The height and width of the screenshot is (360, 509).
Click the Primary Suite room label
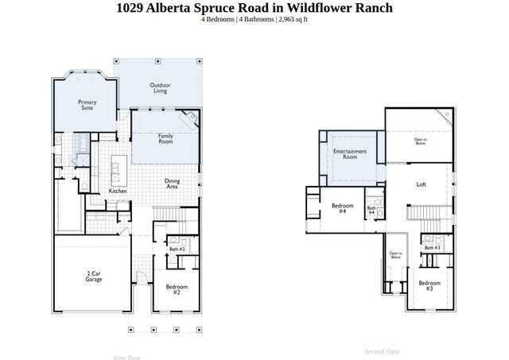(x=87, y=105)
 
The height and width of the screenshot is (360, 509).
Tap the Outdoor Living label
(x=160, y=88)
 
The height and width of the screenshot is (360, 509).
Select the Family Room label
(x=165, y=138)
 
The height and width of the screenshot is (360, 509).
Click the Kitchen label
(x=118, y=192)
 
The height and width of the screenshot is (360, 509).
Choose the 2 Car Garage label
(x=92, y=277)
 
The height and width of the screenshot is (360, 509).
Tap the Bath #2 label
(x=177, y=249)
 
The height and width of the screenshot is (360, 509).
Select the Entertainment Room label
(x=349, y=153)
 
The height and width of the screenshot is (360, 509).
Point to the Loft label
(x=422, y=184)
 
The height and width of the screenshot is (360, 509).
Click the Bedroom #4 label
(x=342, y=209)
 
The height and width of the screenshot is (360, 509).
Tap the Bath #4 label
(x=371, y=210)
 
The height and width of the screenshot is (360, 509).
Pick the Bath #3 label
(x=432, y=247)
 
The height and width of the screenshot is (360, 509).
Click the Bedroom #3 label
(x=429, y=285)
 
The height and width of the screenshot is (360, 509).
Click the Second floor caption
(x=382, y=350)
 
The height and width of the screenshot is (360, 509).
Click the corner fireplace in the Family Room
(x=191, y=118)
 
